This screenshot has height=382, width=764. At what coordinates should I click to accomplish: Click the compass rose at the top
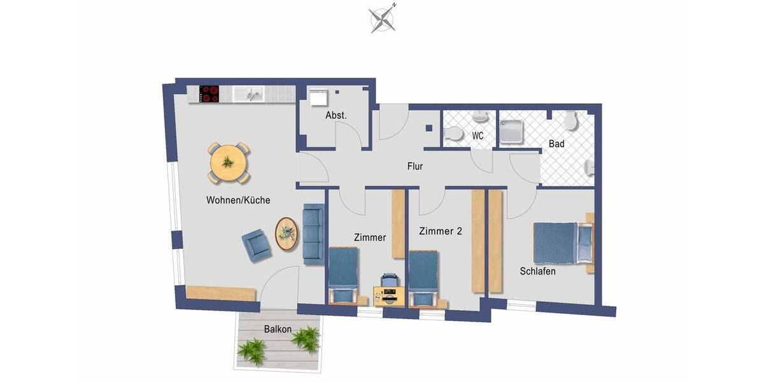382,18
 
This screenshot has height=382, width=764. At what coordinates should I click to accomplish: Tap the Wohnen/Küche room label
238,200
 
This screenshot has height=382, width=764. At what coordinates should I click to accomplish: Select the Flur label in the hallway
415,167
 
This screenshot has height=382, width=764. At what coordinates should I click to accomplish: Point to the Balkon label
278,329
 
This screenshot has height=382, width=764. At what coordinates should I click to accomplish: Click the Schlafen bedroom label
537,271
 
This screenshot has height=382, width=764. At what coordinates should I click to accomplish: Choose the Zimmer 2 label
440,232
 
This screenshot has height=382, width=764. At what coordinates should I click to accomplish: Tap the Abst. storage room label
336,116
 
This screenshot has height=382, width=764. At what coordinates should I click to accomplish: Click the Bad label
556,144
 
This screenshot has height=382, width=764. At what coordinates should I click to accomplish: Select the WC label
478,136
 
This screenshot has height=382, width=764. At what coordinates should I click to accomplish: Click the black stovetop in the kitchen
209,94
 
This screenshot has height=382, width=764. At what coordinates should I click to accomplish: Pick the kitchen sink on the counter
248,95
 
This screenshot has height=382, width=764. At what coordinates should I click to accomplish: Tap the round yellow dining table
227,162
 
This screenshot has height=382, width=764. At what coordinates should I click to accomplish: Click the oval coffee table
286,234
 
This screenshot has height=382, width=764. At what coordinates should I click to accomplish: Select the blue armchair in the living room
256,244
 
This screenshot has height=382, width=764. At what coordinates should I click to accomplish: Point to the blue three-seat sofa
313,234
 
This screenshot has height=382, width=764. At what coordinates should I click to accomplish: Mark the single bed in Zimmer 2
423,277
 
